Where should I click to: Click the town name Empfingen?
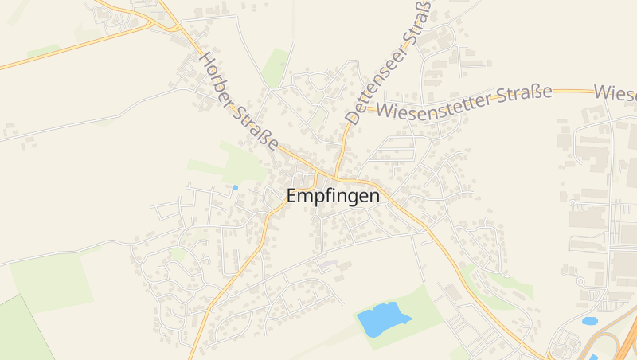pyautogui.click(x=333, y=196)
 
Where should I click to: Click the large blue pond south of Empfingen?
pyautogui.click(x=382, y=319)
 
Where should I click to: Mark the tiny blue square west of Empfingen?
pyautogui.click(x=235, y=188)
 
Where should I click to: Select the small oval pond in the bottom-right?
pyautogui.click(x=590, y=321)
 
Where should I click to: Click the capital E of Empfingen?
pyautogui.click(x=292, y=196)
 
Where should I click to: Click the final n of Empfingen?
pyautogui.click(x=374, y=196)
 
